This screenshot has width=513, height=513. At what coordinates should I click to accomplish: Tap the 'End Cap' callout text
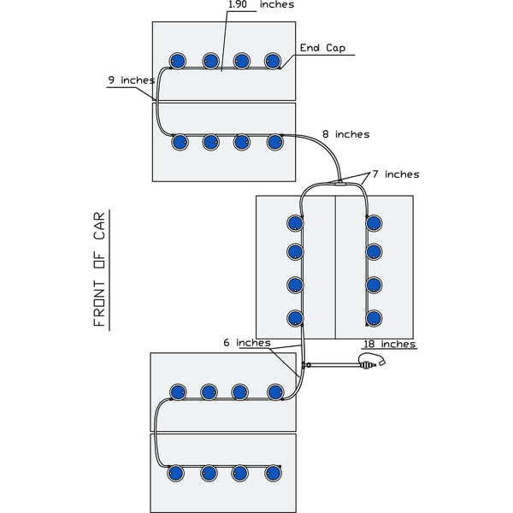pos(323,48)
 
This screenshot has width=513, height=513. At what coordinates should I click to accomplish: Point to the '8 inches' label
pos(345,134)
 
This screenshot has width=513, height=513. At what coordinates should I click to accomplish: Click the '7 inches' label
pos(397,174)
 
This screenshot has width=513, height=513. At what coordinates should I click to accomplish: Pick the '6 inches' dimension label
pos(246,342)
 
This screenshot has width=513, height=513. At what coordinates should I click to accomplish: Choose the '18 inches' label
pos(389,344)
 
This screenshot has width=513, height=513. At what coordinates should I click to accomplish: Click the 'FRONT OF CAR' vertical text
pos(99,269)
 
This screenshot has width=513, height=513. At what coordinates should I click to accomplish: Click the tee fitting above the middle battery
pos(339,181)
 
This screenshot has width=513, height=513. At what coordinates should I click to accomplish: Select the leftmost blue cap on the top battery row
pos(178,61)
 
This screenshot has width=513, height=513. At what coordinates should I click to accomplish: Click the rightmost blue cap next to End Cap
pos(273,61)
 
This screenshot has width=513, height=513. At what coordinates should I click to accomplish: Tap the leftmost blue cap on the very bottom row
pos(176,473)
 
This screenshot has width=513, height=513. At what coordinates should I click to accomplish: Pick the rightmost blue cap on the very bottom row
pos(273,473)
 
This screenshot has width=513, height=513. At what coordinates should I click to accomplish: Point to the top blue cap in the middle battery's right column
pos(374,223)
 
